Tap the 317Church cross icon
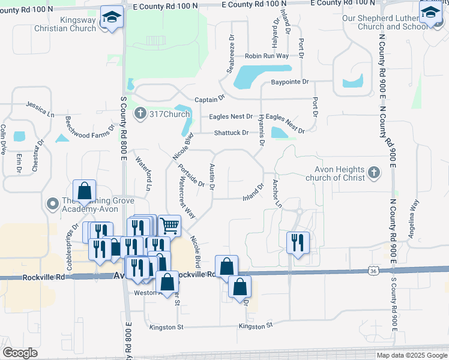(140, 113)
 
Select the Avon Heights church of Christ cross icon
(373, 173)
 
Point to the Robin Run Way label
(267, 56)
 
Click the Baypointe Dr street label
(289, 82)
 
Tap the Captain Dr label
(209, 98)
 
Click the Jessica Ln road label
(40, 109)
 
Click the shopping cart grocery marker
(170, 226)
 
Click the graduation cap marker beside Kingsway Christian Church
(112, 17)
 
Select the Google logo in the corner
(20, 353)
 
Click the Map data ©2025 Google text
(411, 355)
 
